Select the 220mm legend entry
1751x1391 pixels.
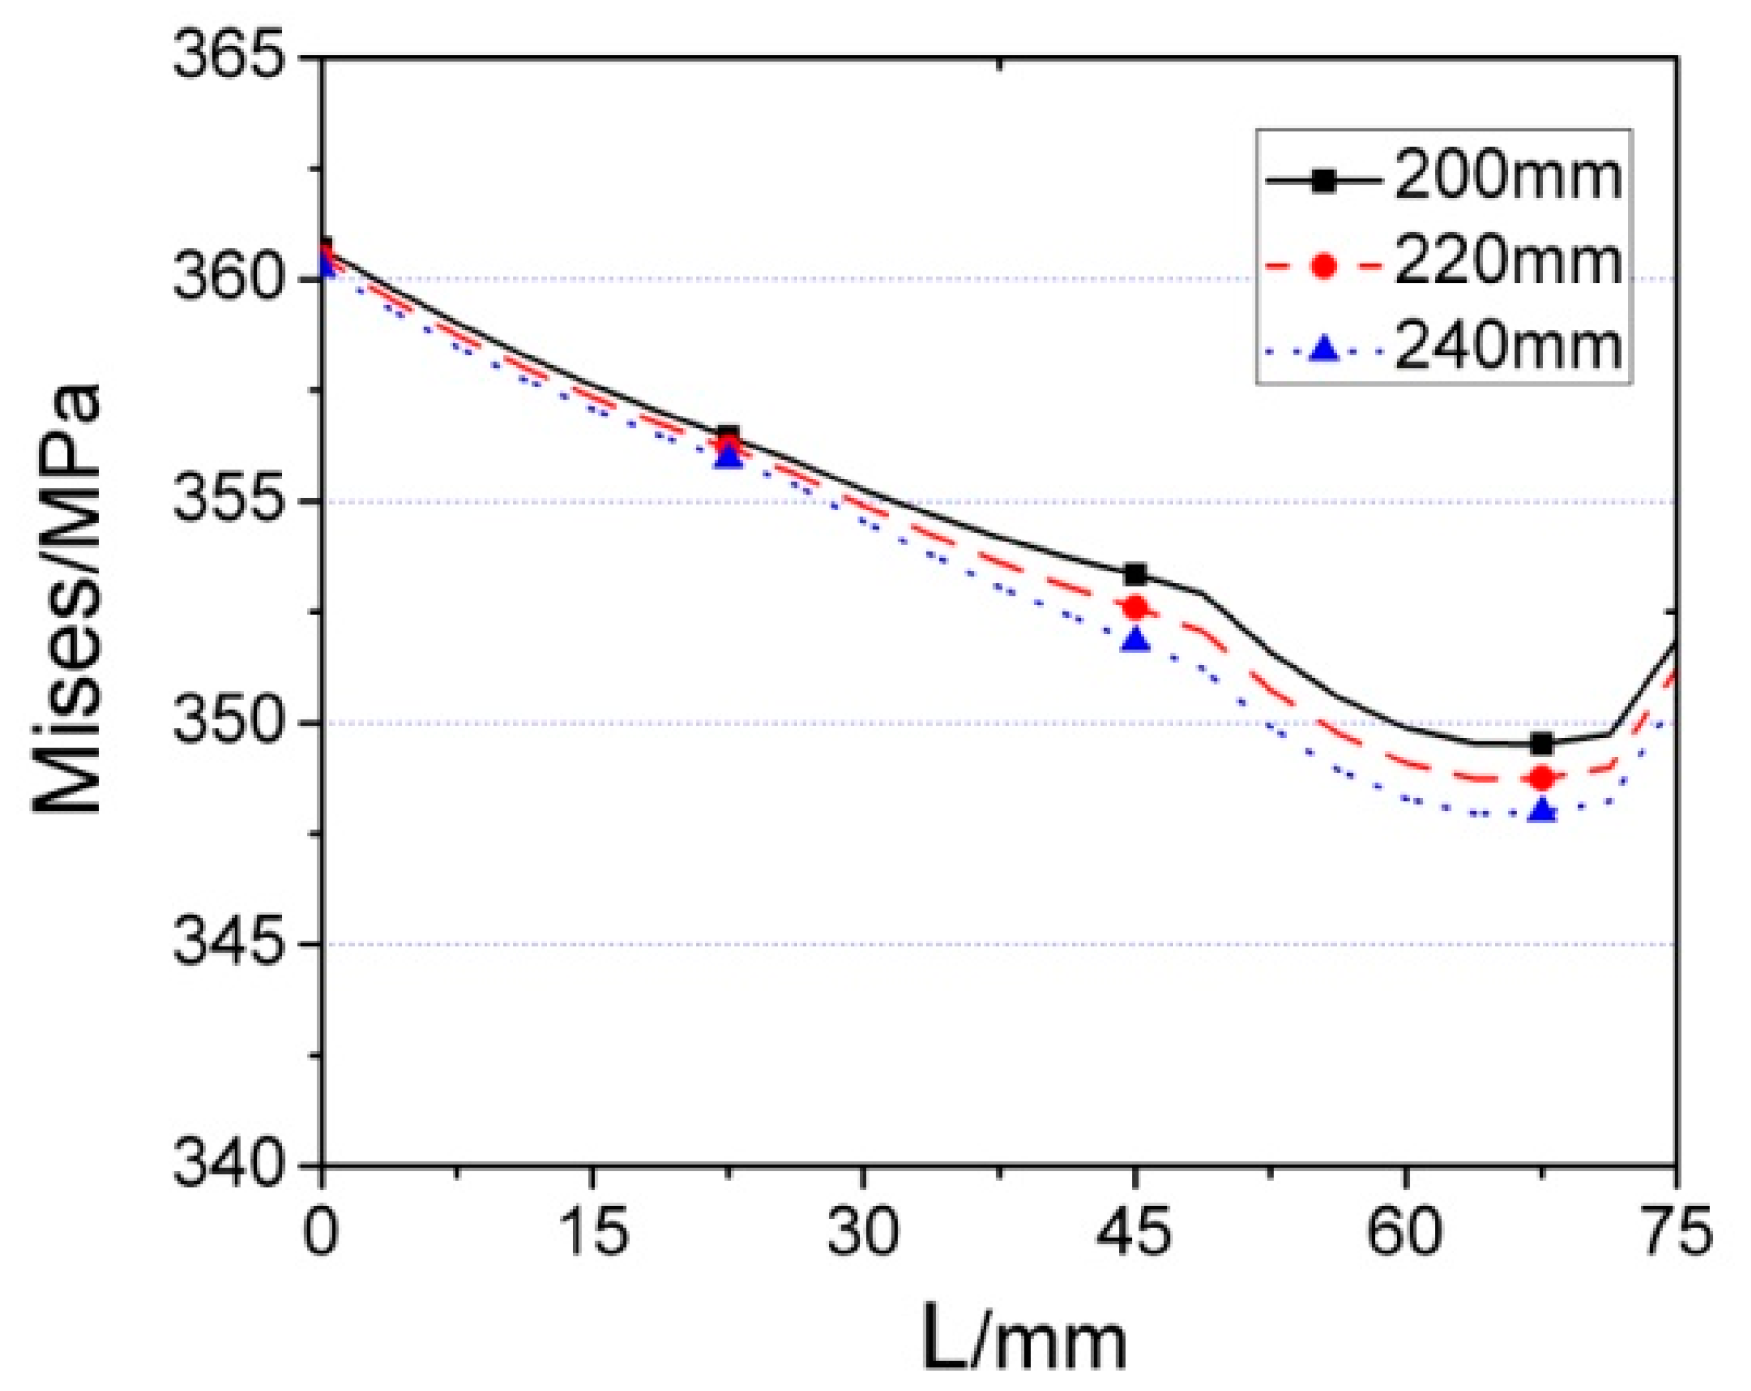(x=1444, y=263)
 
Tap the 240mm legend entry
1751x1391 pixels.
(x=1444, y=347)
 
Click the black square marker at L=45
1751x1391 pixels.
(x=1136, y=574)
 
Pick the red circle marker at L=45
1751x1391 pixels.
(x=1136, y=607)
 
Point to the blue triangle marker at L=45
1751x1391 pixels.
(x=1136, y=640)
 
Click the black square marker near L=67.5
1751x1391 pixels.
(x=1542, y=744)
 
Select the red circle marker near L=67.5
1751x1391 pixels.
(x=1542, y=778)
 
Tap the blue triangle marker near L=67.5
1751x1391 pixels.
(x=1542, y=812)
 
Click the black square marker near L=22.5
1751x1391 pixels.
(x=729, y=435)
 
